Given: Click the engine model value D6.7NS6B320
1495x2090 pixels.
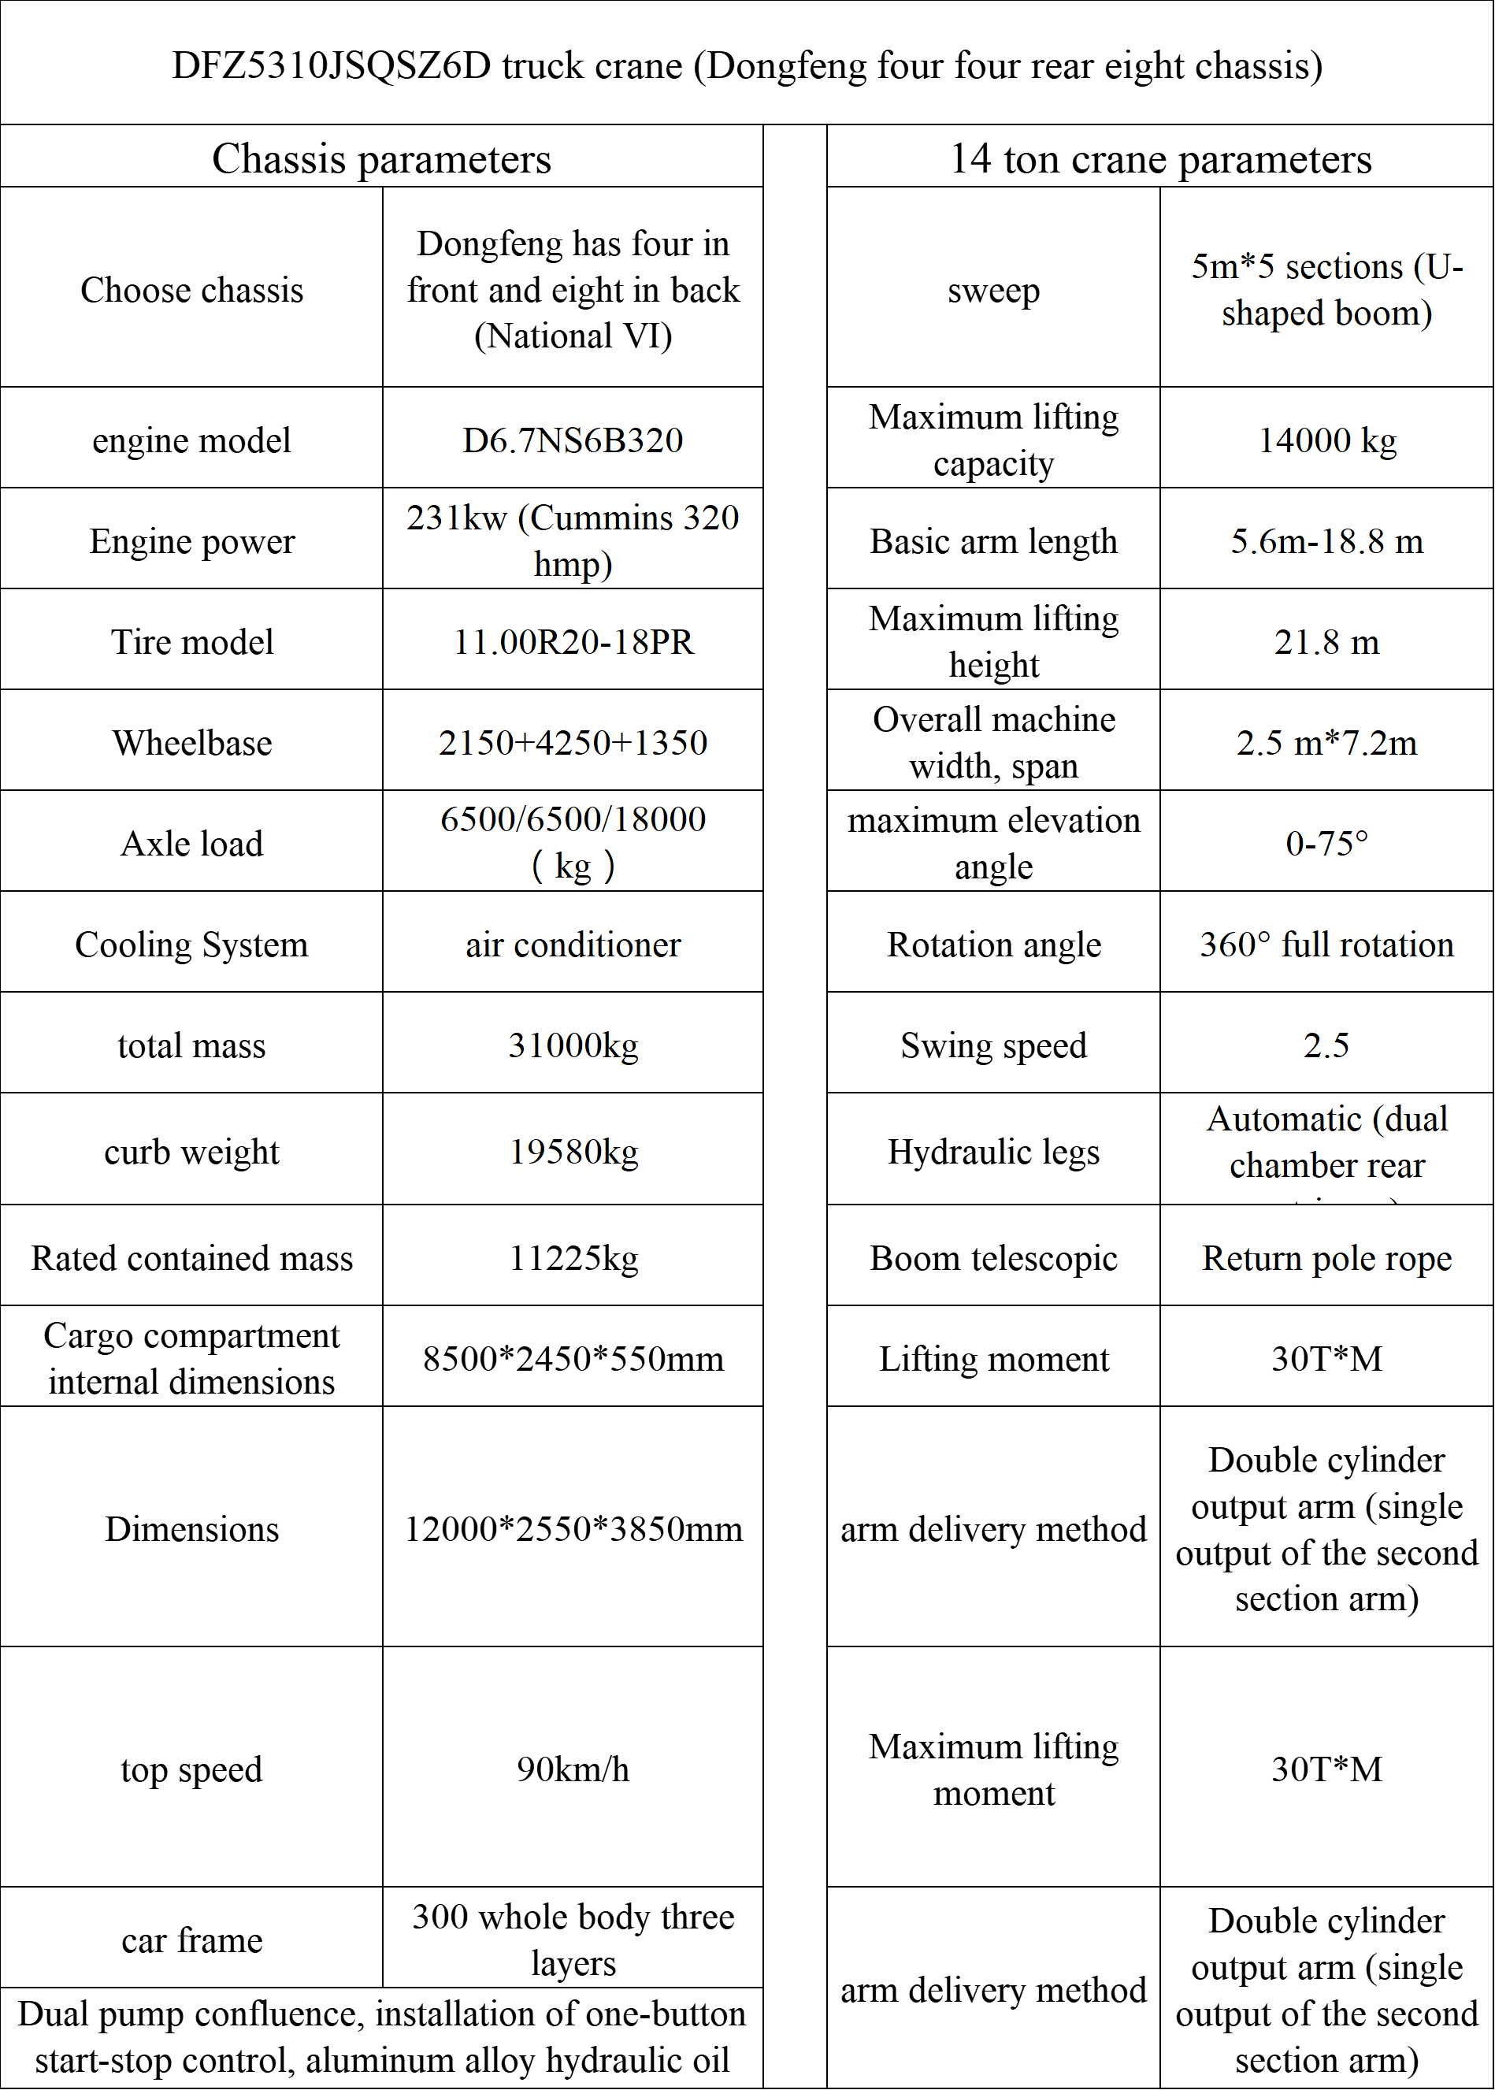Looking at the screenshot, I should click(573, 440).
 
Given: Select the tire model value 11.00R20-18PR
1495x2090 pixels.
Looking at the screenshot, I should click(573, 642).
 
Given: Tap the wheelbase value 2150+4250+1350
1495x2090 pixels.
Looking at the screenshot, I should click(573, 742).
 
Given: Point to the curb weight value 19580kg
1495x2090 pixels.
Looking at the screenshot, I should click(573, 1151).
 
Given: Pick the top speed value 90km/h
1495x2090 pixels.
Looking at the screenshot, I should click(573, 1769).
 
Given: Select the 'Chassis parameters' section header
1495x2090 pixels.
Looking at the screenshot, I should click(381, 158).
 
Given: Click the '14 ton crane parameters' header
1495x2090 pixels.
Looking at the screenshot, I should click(1160, 158).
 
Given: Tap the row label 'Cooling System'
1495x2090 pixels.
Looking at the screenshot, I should click(191, 945).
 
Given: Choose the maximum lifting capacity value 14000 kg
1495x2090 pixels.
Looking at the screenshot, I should click(1326, 440).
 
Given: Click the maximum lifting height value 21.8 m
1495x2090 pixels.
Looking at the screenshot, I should click(1326, 642).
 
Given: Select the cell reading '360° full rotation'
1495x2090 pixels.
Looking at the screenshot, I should click(1326, 945).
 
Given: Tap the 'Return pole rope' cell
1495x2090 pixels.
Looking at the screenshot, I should click(1326, 1257).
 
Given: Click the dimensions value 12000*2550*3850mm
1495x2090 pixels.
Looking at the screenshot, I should click(573, 1528).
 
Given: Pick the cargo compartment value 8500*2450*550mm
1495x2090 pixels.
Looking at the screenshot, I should click(573, 1358).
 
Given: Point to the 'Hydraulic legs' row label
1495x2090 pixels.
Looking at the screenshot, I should click(993, 1151).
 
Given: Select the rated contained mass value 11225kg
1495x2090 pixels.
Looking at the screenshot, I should click(573, 1257).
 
